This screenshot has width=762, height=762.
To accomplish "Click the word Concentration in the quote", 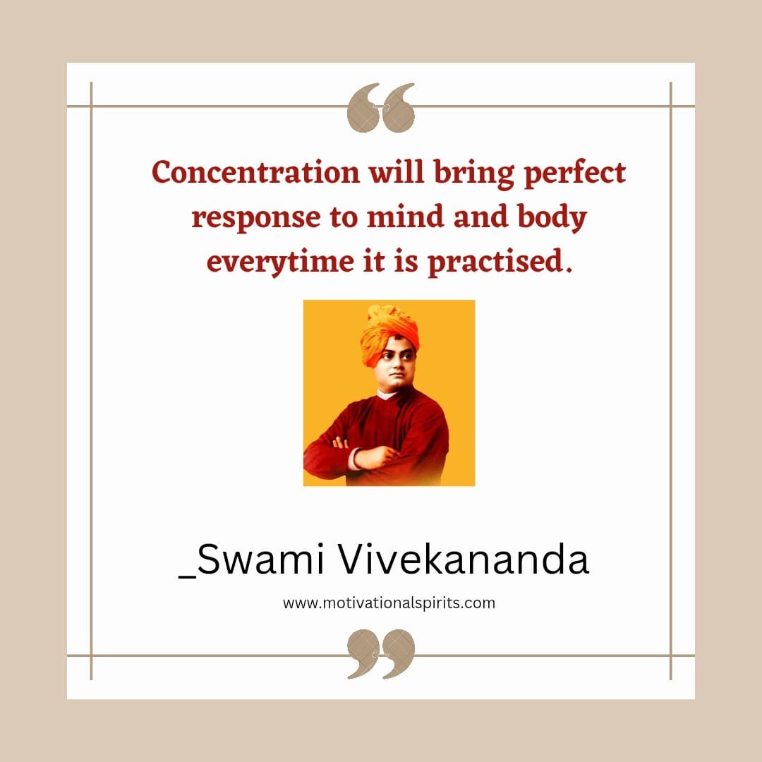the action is coord(255,173).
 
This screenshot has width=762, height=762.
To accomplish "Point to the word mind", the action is coord(405,217).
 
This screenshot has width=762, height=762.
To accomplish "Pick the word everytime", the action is coord(280,262).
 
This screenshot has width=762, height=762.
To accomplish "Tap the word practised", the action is coord(495,262).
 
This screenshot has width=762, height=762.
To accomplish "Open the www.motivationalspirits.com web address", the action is coord(389,603).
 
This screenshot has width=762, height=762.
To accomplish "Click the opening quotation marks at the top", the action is coord(381,107).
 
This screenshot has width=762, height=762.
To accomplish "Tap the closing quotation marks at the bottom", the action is coord(381,653).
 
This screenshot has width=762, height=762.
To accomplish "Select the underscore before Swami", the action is coord(188,576).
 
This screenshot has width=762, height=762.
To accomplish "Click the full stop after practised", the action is coord(569,270).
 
